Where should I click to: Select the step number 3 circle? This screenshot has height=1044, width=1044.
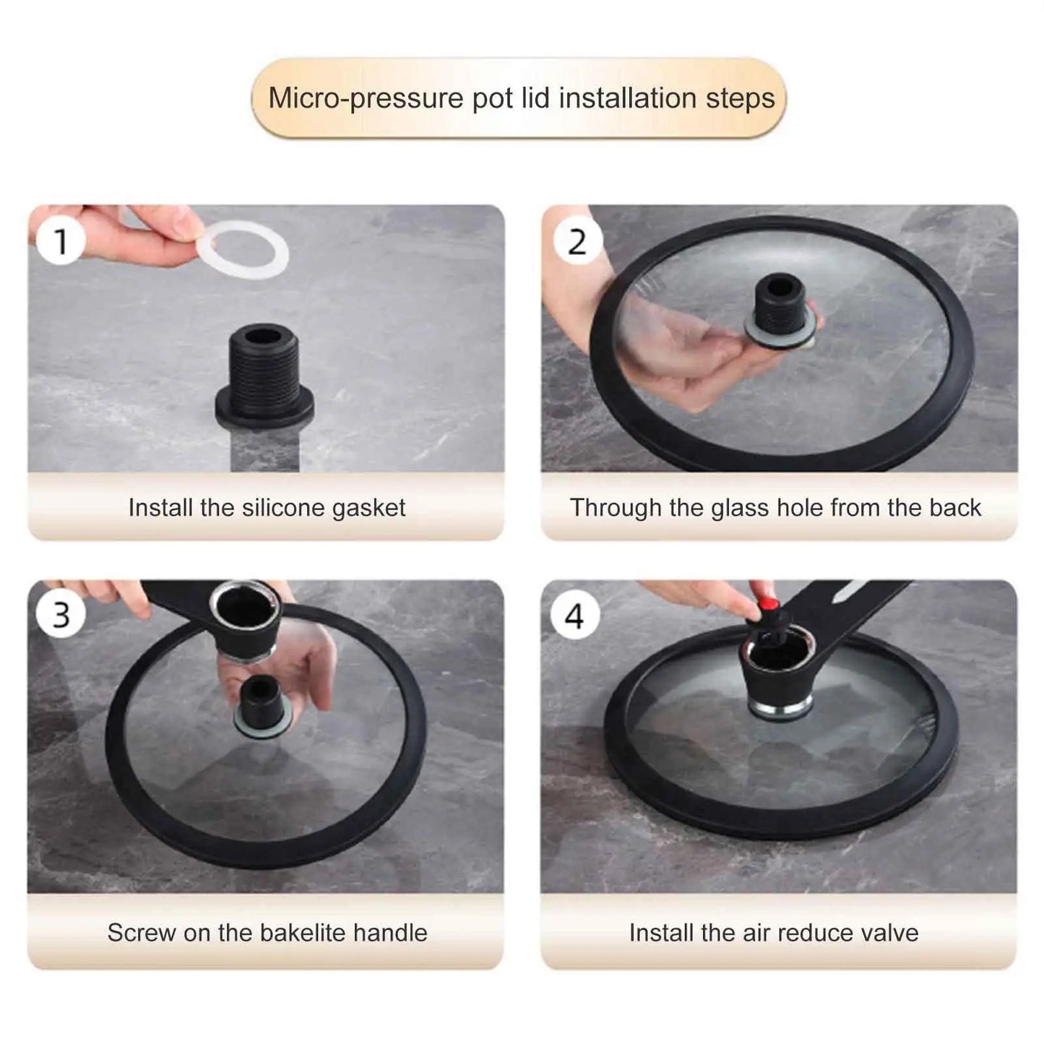(61, 615)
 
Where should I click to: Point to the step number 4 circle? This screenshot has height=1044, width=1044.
(574, 616)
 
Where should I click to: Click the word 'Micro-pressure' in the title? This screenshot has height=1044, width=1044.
(366, 98)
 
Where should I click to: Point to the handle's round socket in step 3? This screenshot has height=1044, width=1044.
(245, 608)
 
